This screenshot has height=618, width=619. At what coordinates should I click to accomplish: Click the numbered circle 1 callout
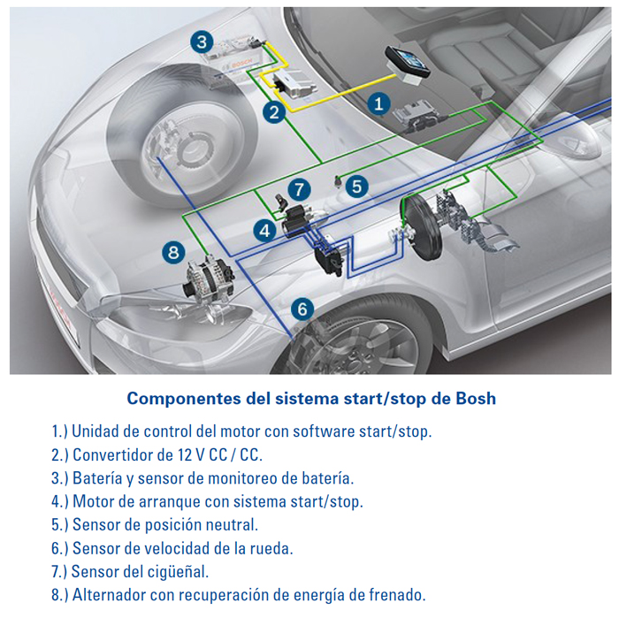tap(378, 104)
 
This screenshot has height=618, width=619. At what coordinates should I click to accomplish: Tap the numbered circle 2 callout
tap(275, 111)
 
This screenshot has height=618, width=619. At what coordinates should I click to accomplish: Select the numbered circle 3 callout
tap(203, 42)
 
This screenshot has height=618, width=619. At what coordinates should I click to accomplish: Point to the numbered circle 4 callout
tap(264, 231)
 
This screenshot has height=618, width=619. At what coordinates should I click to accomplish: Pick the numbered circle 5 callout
tap(355, 187)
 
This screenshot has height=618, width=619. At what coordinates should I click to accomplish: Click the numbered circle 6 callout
tap(302, 309)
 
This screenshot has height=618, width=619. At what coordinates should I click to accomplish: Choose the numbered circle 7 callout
tap(300, 189)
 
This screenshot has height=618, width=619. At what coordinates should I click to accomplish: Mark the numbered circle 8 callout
tap(173, 253)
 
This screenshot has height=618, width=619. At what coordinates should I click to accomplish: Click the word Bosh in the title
tap(476, 398)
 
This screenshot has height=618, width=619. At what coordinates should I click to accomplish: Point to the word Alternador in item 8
tap(110, 594)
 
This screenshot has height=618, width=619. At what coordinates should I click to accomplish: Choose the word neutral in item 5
tap(232, 524)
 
